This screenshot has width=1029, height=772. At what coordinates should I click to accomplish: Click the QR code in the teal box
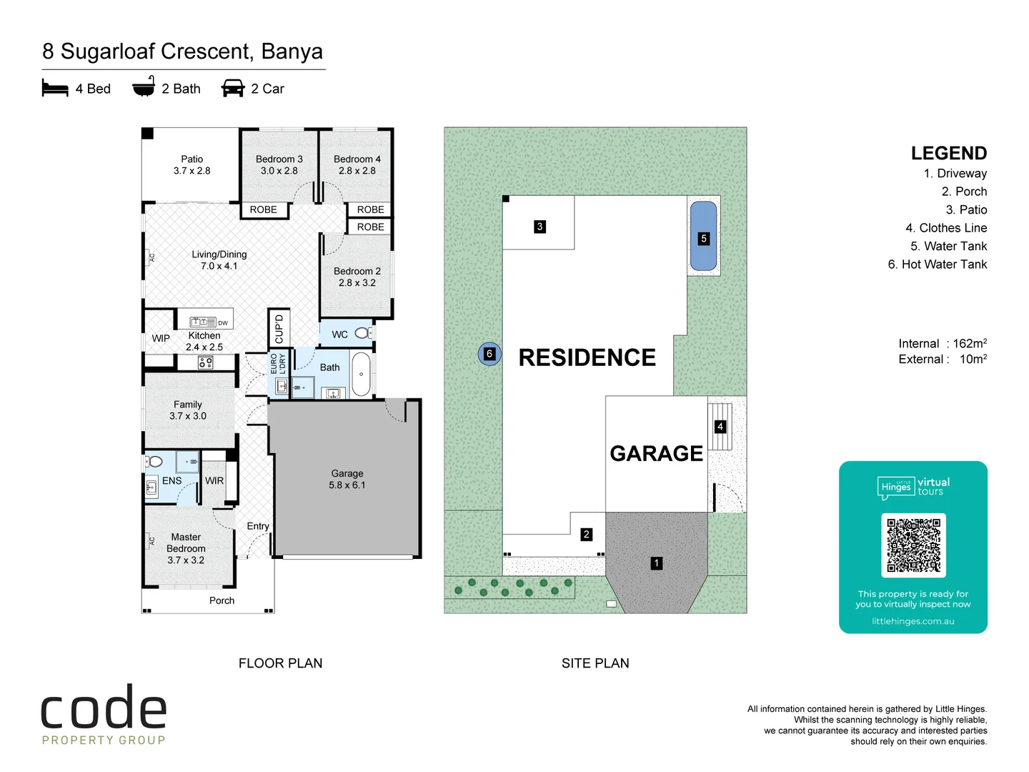913,545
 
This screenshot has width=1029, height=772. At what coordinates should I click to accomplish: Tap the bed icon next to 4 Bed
55,89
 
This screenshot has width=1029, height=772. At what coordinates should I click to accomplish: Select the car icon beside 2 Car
233,89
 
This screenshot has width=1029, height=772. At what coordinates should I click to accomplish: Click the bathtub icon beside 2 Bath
144,87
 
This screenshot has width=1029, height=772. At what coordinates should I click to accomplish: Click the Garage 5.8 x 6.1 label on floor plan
347,479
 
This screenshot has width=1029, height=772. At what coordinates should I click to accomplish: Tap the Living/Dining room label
219,260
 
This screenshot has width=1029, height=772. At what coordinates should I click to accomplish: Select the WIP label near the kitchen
161,338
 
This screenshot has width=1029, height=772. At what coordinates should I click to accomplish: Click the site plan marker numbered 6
489,354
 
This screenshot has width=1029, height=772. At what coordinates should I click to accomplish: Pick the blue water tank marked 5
704,237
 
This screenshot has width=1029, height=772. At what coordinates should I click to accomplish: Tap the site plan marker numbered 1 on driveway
656,563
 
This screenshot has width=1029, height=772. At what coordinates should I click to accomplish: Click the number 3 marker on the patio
540,227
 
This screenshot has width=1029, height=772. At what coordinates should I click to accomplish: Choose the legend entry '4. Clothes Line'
945,228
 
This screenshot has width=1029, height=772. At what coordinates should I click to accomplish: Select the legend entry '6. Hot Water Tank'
937,264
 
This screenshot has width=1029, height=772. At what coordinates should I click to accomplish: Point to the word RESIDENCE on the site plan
587,357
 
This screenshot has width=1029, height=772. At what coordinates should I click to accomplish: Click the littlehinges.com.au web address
913,621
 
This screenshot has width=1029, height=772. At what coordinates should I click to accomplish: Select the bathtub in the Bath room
362,374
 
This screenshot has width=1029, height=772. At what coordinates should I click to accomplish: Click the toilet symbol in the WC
362,333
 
